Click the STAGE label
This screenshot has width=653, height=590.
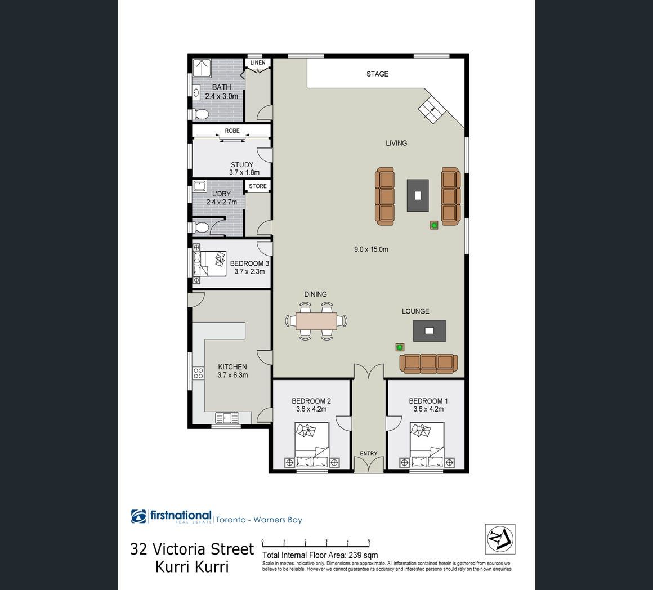(377, 74)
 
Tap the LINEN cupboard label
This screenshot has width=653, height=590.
(258, 63)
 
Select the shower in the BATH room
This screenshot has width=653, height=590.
(202, 68)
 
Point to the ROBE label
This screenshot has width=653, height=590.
(232, 131)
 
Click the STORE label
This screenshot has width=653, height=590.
(258, 186)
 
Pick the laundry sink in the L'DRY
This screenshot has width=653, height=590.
(200, 186)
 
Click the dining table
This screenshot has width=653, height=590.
(316, 321)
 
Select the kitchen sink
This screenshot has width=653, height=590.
(227, 418)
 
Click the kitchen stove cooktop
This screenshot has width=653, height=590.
(198, 373)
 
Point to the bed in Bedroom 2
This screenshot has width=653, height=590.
(312, 444)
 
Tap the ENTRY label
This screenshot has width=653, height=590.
(369, 453)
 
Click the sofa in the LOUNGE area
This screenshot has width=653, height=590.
(428, 364)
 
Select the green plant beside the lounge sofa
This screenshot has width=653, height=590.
(400, 347)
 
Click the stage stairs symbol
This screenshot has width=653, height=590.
(432, 109)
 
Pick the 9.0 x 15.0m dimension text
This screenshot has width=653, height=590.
(371, 249)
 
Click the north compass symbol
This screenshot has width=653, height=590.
(500, 539)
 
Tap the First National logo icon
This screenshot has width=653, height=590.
(138, 516)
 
